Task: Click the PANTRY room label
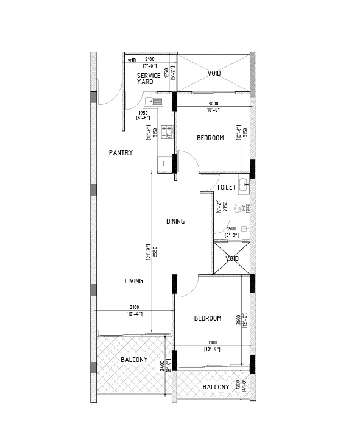pyautogui.click(x=121, y=152)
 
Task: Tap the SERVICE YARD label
pyautogui.click(x=148, y=79)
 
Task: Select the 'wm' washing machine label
pyautogui.click(x=132, y=60)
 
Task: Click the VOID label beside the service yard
pyautogui.click(x=214, y=73)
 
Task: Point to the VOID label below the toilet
pyautogui.click(x=232, y=258)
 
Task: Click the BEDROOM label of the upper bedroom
pyautogui.click(x=210, y=138)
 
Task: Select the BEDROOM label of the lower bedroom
pyautogui.click(x=208, y=318)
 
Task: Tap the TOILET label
pyautogui.click(x=226, y=188)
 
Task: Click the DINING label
pyautogui.click(x=175, y=221)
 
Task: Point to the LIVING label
pyautogui.click(x=133, y=281)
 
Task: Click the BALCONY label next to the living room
pyautogui.click(x=133, y=360)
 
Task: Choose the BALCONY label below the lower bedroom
pyautogui.click(x=216, y=387)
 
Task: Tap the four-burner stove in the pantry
pyautogui.click(x=166, y=132)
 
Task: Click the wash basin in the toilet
pyautogui.click(x=244, y=185)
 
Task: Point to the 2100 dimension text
pyautogui.click(x=150, y=59)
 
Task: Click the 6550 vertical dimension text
pyautogui.click(x=155, y=252)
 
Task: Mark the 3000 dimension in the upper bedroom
pyautogui.click(x=213, y=104)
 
